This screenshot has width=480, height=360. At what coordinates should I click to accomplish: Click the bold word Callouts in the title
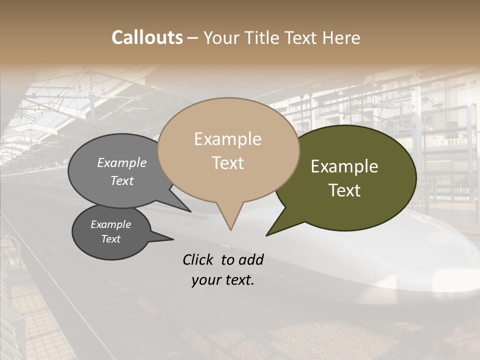[147, 37]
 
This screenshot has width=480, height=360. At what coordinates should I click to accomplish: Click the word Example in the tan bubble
[227, 139]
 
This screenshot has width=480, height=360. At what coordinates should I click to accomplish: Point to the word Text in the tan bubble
[228, 163]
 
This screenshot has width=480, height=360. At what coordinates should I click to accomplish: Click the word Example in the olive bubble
[344, 166]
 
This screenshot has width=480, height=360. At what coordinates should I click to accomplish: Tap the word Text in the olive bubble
[345, 190]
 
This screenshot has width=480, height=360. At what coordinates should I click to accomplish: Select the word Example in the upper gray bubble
[122, 162]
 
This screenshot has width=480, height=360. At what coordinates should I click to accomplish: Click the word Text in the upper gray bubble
[122, 180]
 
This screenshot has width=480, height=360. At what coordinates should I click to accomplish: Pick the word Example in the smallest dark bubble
[111, 224]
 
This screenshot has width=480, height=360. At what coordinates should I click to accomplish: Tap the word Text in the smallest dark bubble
[111, 239]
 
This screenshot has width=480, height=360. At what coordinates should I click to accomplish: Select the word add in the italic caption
[251, 259]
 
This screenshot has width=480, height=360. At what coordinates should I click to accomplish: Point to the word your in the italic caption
[205, 280]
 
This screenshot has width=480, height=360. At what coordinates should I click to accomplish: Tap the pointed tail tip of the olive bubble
[267, 234]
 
